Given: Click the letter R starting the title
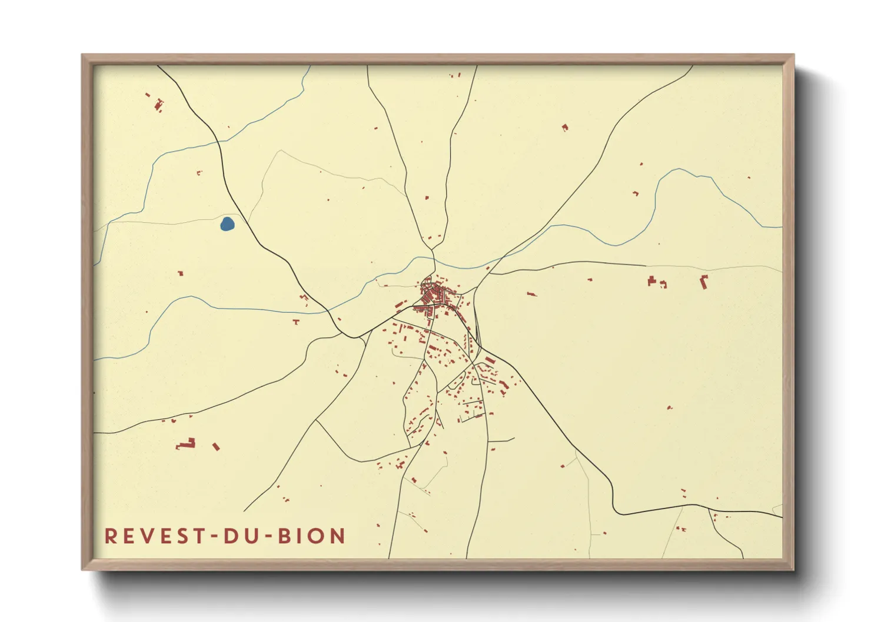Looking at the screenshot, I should coord(110,536).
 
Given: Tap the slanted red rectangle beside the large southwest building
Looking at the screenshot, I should coord(216,447).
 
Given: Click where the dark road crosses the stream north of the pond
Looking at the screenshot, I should coord(218,142).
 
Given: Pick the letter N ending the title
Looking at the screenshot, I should coord(338,536).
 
